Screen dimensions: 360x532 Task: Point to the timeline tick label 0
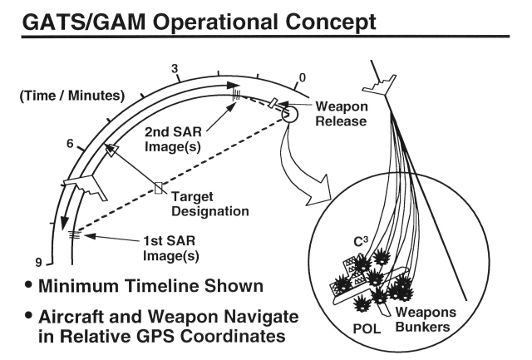(x=303, y=77)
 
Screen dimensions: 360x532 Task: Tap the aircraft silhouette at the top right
(x=382, y=81)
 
